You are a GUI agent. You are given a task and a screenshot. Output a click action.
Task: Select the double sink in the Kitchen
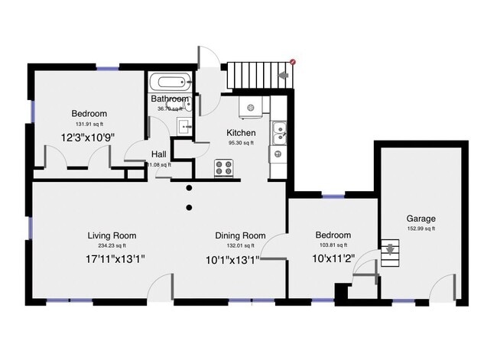point(280,133)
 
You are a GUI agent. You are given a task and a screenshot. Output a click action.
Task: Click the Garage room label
point(421,219)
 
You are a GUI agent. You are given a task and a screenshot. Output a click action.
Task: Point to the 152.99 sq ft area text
point(421,229)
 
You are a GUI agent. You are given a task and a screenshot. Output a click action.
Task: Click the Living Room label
point(112,235)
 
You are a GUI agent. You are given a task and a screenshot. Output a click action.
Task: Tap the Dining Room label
point(240,235)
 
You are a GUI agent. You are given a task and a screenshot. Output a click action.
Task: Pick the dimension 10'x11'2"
point(333,259)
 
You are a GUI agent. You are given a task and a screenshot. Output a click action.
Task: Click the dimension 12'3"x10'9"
point(89,138)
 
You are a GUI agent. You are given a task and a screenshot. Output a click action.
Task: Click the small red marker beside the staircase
point(293,61)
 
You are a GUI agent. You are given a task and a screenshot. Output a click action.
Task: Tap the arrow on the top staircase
point(284,75)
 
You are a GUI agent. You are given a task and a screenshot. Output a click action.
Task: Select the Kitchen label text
point(241,132)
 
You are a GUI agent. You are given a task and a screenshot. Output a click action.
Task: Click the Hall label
point(158,154)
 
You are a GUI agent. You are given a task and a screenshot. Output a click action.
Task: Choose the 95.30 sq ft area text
point(241,142)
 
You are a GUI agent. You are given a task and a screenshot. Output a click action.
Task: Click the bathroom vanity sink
point(184,126)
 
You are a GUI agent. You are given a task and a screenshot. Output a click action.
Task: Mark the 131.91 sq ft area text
point(89,123)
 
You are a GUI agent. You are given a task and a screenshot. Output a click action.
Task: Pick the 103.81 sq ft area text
point(333,245)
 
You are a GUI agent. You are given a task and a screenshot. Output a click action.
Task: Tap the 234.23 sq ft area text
point(112,245)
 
